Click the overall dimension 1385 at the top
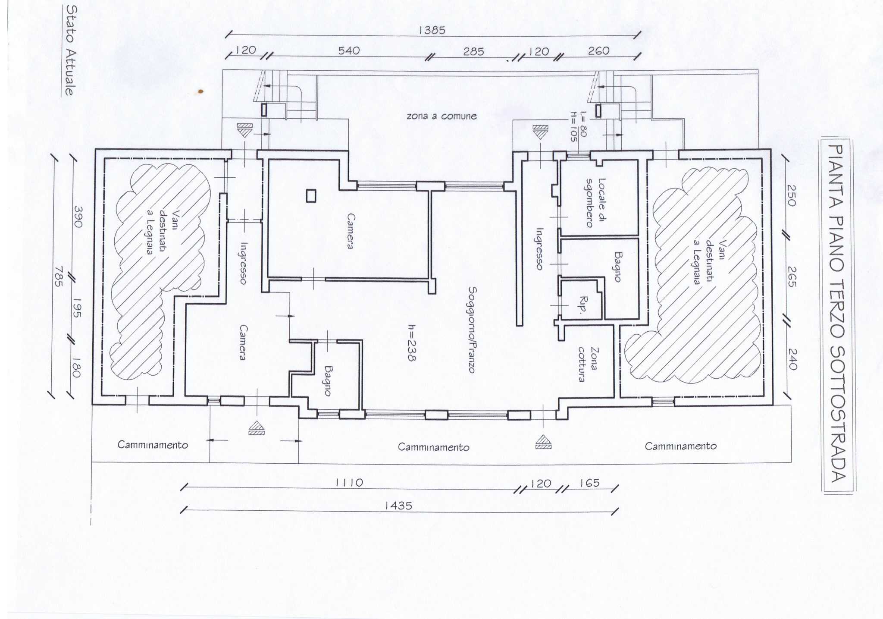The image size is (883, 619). pyautogui.click(x=432, y=30)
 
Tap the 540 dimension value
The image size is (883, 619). pyautogui.click(x=349, y=51)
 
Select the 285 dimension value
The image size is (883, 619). pyautogui.click(x=473, y=52)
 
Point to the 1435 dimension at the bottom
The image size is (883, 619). pyautogui.click(x=398, y=505)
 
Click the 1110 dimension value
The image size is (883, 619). pyautogui.click(x=349, y=482)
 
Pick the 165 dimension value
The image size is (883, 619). pyautogui.click(x=589, y=483)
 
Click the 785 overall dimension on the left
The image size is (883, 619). pyautogui.click(x=58, y=276)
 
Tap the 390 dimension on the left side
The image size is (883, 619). pyautogui.click(x=78, y=217)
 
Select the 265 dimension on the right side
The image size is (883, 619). pyautogui.click(x=792, y=277)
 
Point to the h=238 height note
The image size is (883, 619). pyautogui.click(x=412, y=342)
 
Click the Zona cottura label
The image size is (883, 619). pyautogui.click(x=588, y=364)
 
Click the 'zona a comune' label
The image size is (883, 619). pyautogui.click(x=441, y=116)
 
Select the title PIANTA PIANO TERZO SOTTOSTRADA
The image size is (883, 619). pyautogui.click(x=836, y=314)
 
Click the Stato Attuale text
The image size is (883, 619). pyautogui.click(x=70, y=50)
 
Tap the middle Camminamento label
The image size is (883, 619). pyautogui.click(x=433, y=447)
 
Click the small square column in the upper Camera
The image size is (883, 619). pyautogui.click(x=311, y=196)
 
